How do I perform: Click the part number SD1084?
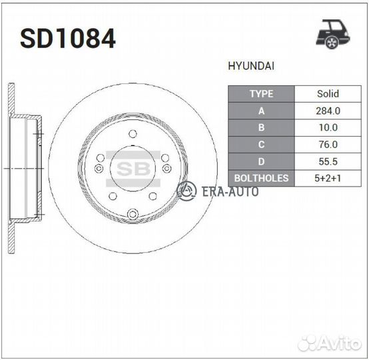68,39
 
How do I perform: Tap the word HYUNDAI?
251,66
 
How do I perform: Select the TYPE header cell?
261,94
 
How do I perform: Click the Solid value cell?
328,94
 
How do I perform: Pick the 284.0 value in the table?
328,111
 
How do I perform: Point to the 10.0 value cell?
328,127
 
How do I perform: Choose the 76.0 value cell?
328,145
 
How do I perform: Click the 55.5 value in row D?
328,161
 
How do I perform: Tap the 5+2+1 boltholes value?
328,179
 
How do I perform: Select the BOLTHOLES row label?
261,179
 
